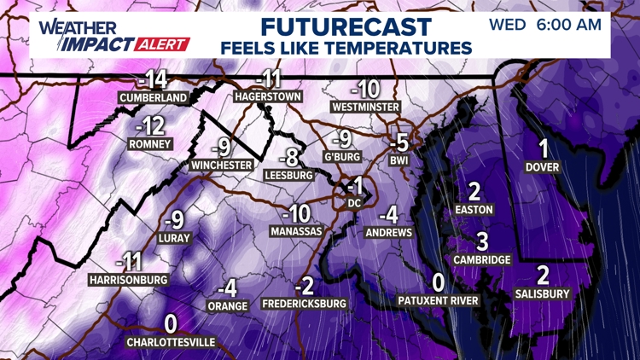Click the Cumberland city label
click(x=154, y=98)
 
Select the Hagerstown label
click(x=268, y=97)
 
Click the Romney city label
click(x=150, y=144)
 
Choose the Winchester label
click(x=222, y=165)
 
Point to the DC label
click(x=356, y=203)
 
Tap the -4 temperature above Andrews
click(x=389, y=214)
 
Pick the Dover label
click(x=543, y=166)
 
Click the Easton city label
click(x=475, y=209)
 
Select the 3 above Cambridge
click(x=482, y=241)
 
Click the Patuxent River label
click(x=439, y=300)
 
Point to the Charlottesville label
click(x=171, y=342)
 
